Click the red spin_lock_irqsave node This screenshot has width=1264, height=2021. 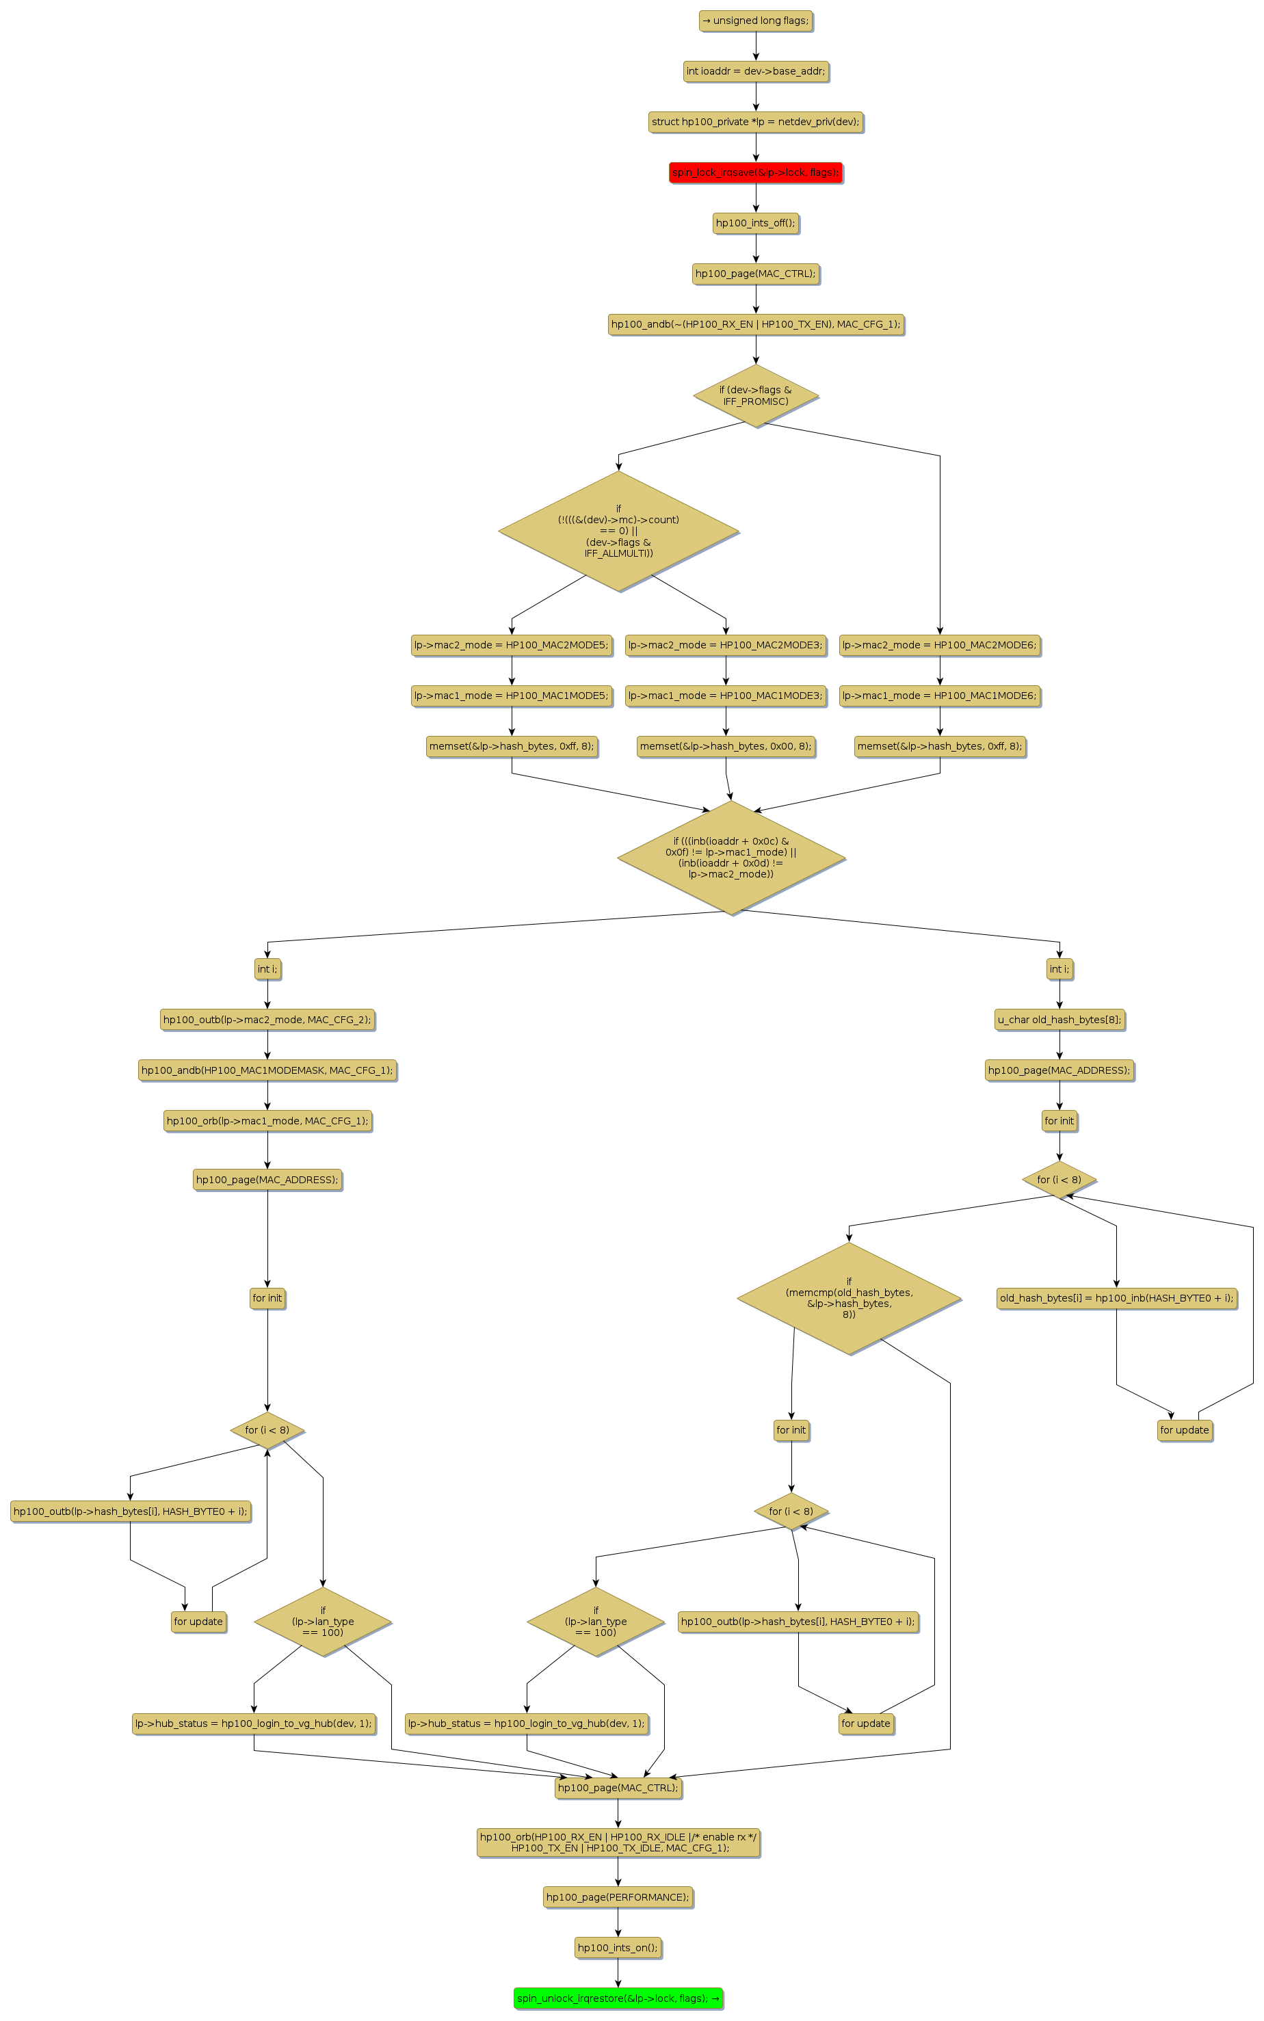click(755, 173)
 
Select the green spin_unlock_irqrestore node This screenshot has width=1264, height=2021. click(618, 1998)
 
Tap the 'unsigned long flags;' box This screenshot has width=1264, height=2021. click(756, 21)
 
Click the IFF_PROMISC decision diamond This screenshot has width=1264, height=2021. click(755, 395)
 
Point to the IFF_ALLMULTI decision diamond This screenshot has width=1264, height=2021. click(618, 531)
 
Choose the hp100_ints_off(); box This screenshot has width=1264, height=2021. click(755, 223)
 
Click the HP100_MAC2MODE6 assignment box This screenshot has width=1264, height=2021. click(940, 645)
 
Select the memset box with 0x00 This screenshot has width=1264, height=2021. click(726, 746)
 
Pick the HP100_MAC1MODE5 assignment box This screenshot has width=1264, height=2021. click(512, 696)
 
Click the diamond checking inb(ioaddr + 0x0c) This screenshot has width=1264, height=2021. click(730, 858)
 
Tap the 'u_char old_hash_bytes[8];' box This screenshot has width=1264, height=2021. click(1059, 1020)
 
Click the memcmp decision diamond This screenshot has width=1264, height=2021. click(849, 1297)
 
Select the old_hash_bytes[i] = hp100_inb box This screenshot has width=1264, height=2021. click(1116, 1298)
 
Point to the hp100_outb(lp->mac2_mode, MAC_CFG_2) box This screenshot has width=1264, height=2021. click(267, 1020)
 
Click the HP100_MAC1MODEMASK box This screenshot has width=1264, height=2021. click(267, 1070)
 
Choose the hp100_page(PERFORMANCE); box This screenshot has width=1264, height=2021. click(618, 1897)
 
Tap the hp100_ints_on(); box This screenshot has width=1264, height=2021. click(618, 1947)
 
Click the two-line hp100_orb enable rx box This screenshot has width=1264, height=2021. click(618, 1842)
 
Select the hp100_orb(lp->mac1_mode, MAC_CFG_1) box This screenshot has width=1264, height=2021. click(267, 1121)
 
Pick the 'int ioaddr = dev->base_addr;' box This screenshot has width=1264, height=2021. click(756, 72)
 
